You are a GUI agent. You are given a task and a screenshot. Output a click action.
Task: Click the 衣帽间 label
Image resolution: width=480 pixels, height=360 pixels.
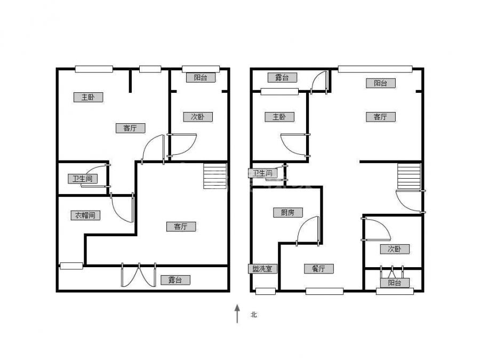[85, 215]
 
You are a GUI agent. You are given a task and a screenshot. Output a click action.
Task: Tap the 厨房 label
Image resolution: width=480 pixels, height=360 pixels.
[288, 212]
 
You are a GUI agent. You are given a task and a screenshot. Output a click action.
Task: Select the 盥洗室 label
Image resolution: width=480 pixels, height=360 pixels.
[262, 269]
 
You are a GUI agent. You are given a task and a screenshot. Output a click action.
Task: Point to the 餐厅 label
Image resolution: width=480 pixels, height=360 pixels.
[319, 269]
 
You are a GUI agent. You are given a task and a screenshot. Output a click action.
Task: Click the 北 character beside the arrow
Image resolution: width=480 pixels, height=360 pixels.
[254, 315]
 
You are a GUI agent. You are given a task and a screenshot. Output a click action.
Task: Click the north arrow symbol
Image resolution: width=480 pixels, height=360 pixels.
[237, 314]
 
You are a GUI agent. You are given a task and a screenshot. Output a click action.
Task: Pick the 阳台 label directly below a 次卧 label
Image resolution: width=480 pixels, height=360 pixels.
[395, 283]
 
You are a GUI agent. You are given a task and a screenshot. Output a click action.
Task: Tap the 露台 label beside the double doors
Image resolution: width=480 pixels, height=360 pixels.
[175, 280]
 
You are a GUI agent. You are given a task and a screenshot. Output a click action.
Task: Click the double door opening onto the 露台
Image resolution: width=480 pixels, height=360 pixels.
[139, 275]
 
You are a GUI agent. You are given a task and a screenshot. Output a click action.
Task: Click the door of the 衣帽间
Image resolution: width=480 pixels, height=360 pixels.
[123, 208]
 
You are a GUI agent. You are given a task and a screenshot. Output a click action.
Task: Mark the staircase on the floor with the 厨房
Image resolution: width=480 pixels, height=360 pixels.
[409, 177]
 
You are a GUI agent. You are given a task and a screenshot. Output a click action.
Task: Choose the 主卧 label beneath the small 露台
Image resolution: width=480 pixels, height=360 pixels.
[279, 117]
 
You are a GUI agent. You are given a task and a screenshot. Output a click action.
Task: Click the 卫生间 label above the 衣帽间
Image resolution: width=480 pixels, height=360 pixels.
[83, 179]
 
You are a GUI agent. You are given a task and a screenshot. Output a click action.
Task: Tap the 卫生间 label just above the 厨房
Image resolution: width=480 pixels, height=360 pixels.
[262, 173]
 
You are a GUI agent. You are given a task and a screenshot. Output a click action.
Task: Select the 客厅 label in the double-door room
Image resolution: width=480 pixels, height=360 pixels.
[181, 227]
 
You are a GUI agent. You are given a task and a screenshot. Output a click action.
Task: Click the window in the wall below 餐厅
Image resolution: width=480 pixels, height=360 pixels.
[324, 291]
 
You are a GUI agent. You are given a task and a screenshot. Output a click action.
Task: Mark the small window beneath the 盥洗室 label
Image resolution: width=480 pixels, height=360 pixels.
[266, 291]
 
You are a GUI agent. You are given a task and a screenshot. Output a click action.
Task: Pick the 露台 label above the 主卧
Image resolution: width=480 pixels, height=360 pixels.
[282, 77]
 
